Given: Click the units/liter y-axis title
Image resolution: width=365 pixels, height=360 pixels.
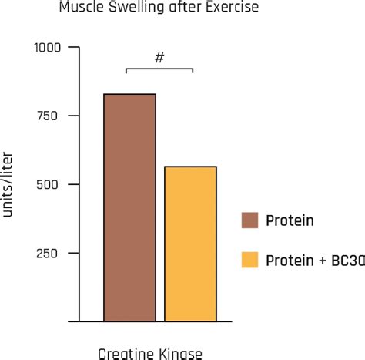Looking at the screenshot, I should (9, 185).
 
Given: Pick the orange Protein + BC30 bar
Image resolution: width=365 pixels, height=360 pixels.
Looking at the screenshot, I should (190, 243).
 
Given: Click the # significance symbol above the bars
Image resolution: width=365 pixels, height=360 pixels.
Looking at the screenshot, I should (159, 59).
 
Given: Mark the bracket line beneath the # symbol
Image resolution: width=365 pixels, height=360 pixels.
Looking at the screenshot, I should (159, 69).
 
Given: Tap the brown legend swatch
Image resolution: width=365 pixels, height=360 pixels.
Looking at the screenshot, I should (249, 220).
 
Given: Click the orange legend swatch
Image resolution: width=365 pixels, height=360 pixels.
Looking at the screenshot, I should (249, 260).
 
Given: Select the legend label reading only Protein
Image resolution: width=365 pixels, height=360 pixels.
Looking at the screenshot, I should (290, 221).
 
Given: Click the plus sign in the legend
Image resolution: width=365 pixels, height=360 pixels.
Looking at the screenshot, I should (320, 261).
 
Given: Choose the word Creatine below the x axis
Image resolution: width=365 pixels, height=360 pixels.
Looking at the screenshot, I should (123, 353).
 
